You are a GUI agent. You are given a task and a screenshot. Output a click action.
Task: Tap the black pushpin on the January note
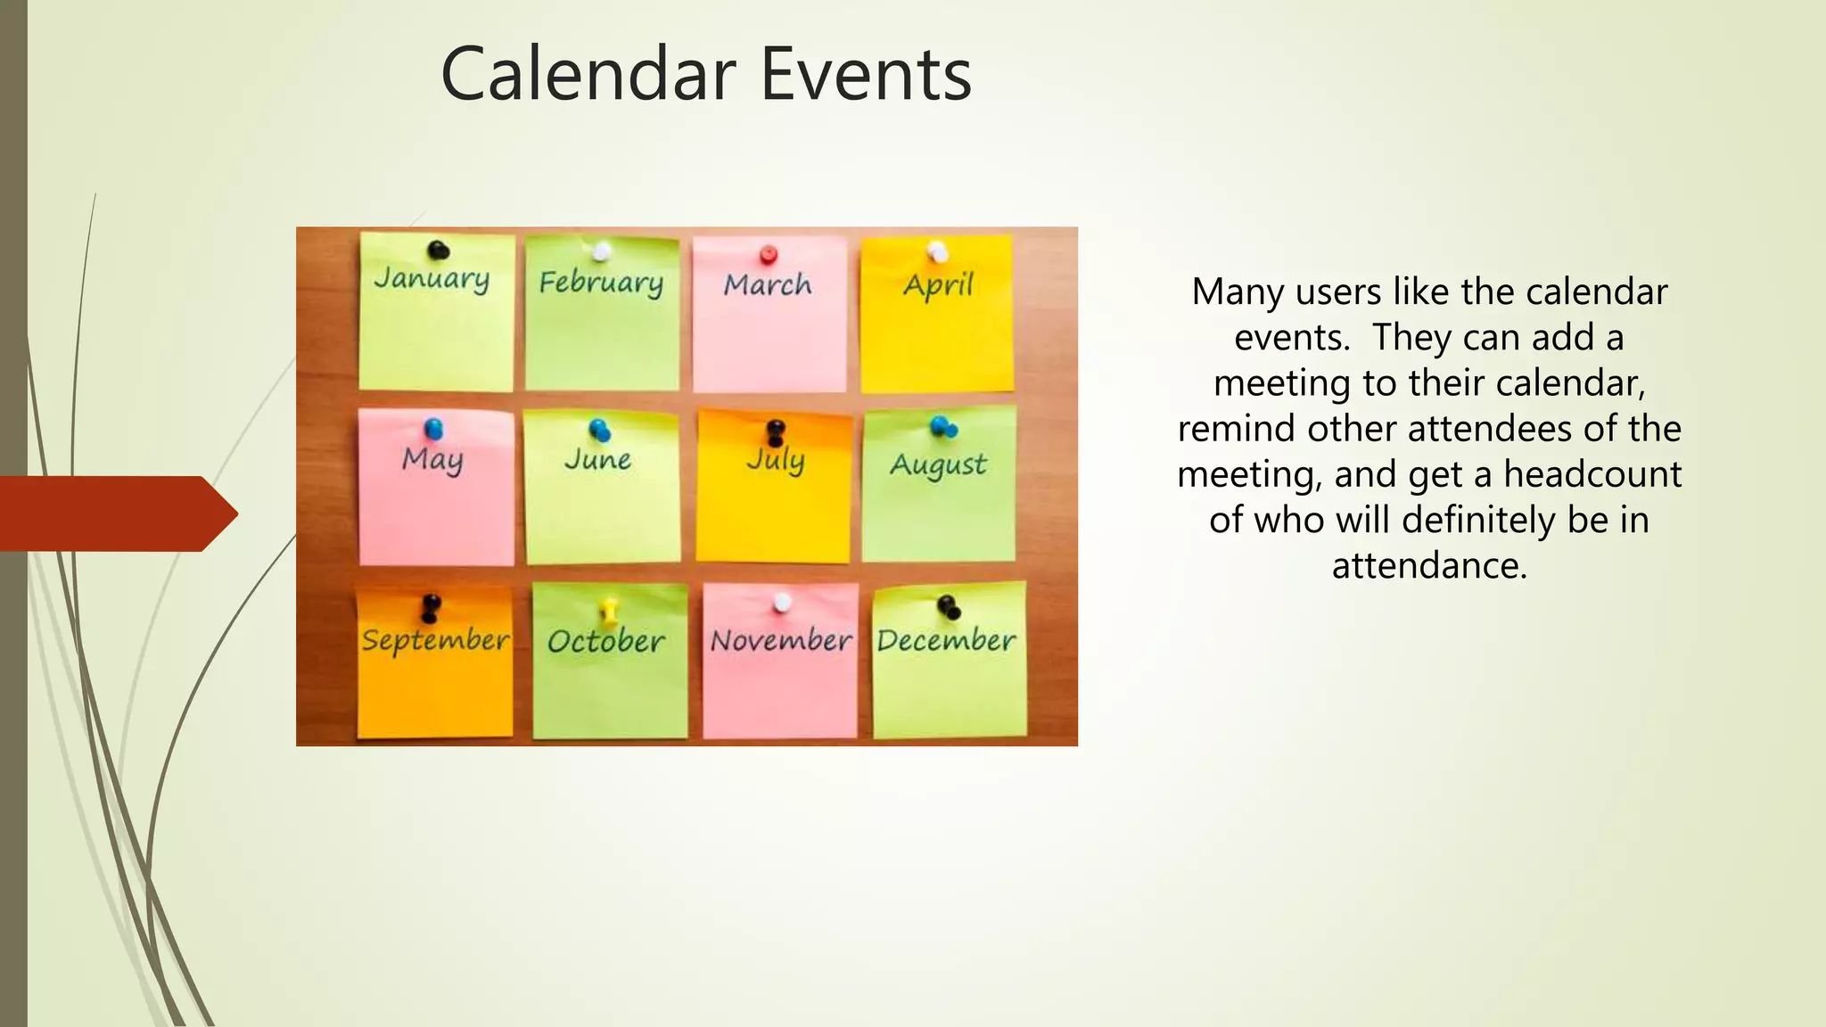(438, 251)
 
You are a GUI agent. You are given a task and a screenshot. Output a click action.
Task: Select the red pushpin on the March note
(769, 256)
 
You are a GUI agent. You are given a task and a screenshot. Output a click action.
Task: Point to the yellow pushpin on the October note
(609, 611)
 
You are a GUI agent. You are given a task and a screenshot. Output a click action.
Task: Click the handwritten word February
(601, 283)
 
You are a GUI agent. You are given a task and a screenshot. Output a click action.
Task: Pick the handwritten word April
(938, 286)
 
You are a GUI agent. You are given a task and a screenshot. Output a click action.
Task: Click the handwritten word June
(598, 460)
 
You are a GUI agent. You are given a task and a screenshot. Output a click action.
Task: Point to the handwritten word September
(435, 641)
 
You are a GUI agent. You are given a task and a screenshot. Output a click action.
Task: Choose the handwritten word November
(781, 640)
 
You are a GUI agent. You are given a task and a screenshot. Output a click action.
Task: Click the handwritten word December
(946, 640)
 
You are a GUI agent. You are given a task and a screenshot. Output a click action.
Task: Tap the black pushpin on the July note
(776, 432)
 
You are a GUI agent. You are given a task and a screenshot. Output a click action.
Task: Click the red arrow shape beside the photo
(116, 513)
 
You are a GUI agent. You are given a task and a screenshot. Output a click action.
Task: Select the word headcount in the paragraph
(1592, 474)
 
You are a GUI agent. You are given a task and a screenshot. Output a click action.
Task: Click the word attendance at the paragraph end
(1429, 565)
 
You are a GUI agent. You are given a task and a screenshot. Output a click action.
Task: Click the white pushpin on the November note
(782, 604)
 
